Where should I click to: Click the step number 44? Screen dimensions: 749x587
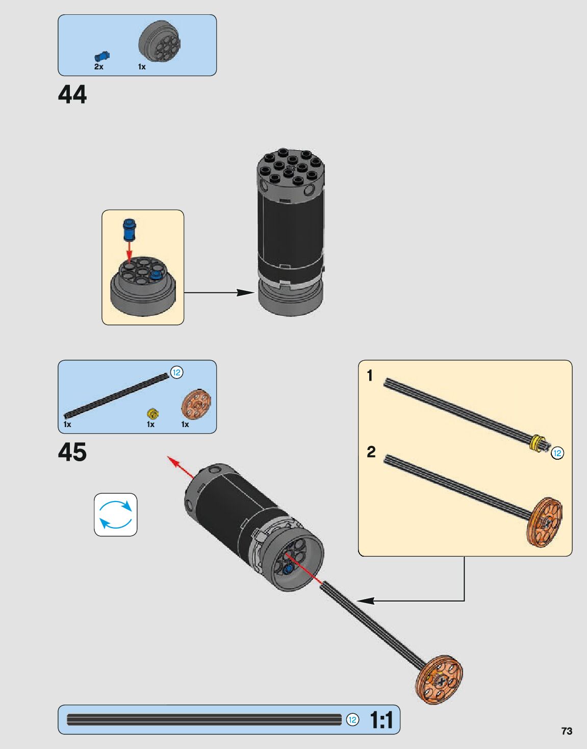[x=72, y=95]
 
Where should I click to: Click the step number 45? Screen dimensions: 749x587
[x=72, y=452]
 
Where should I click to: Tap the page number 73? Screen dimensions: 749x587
[x=567, y=731]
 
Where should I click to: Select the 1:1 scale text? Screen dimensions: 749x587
[x=381, y=720]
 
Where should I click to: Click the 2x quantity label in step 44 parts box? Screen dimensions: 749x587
[x=98, y=67]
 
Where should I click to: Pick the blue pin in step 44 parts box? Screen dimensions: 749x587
[x=102, y=56]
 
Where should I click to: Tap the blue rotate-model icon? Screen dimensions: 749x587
[x=116, y=514]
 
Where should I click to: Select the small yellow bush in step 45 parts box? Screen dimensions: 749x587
[x=152, y=413]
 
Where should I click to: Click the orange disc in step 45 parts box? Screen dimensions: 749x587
[x=196, y=405]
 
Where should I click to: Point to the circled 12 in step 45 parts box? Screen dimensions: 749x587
[x=176, y=372]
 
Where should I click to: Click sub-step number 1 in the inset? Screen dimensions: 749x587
[x=370, y=376]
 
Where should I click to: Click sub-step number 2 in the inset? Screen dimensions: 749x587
[x=371, y=452]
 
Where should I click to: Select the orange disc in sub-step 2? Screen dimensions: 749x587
[x=545, y=522]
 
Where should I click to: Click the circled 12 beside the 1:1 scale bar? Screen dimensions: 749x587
[x=352, y=720]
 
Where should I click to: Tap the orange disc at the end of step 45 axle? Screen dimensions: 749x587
[x=440, y=679]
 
